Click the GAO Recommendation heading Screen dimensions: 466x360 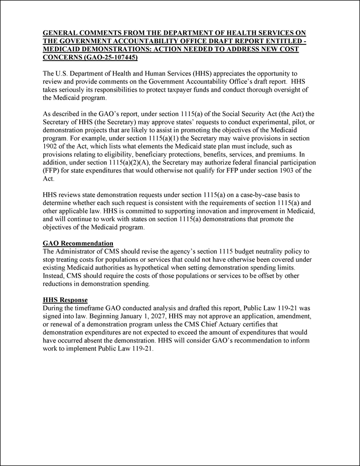click(78, 243)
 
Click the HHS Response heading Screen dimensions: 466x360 click(65, 300)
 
